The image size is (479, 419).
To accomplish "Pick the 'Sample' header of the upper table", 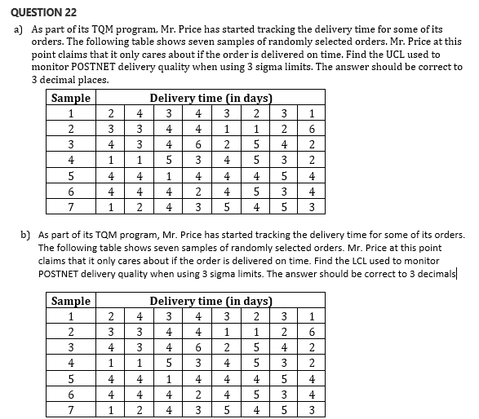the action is coord(71,99).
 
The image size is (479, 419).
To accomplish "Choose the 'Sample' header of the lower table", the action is coord(71,302).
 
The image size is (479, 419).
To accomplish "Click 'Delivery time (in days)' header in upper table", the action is coord(211,99).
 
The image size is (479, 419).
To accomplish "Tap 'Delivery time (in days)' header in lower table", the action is coord(211,302).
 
